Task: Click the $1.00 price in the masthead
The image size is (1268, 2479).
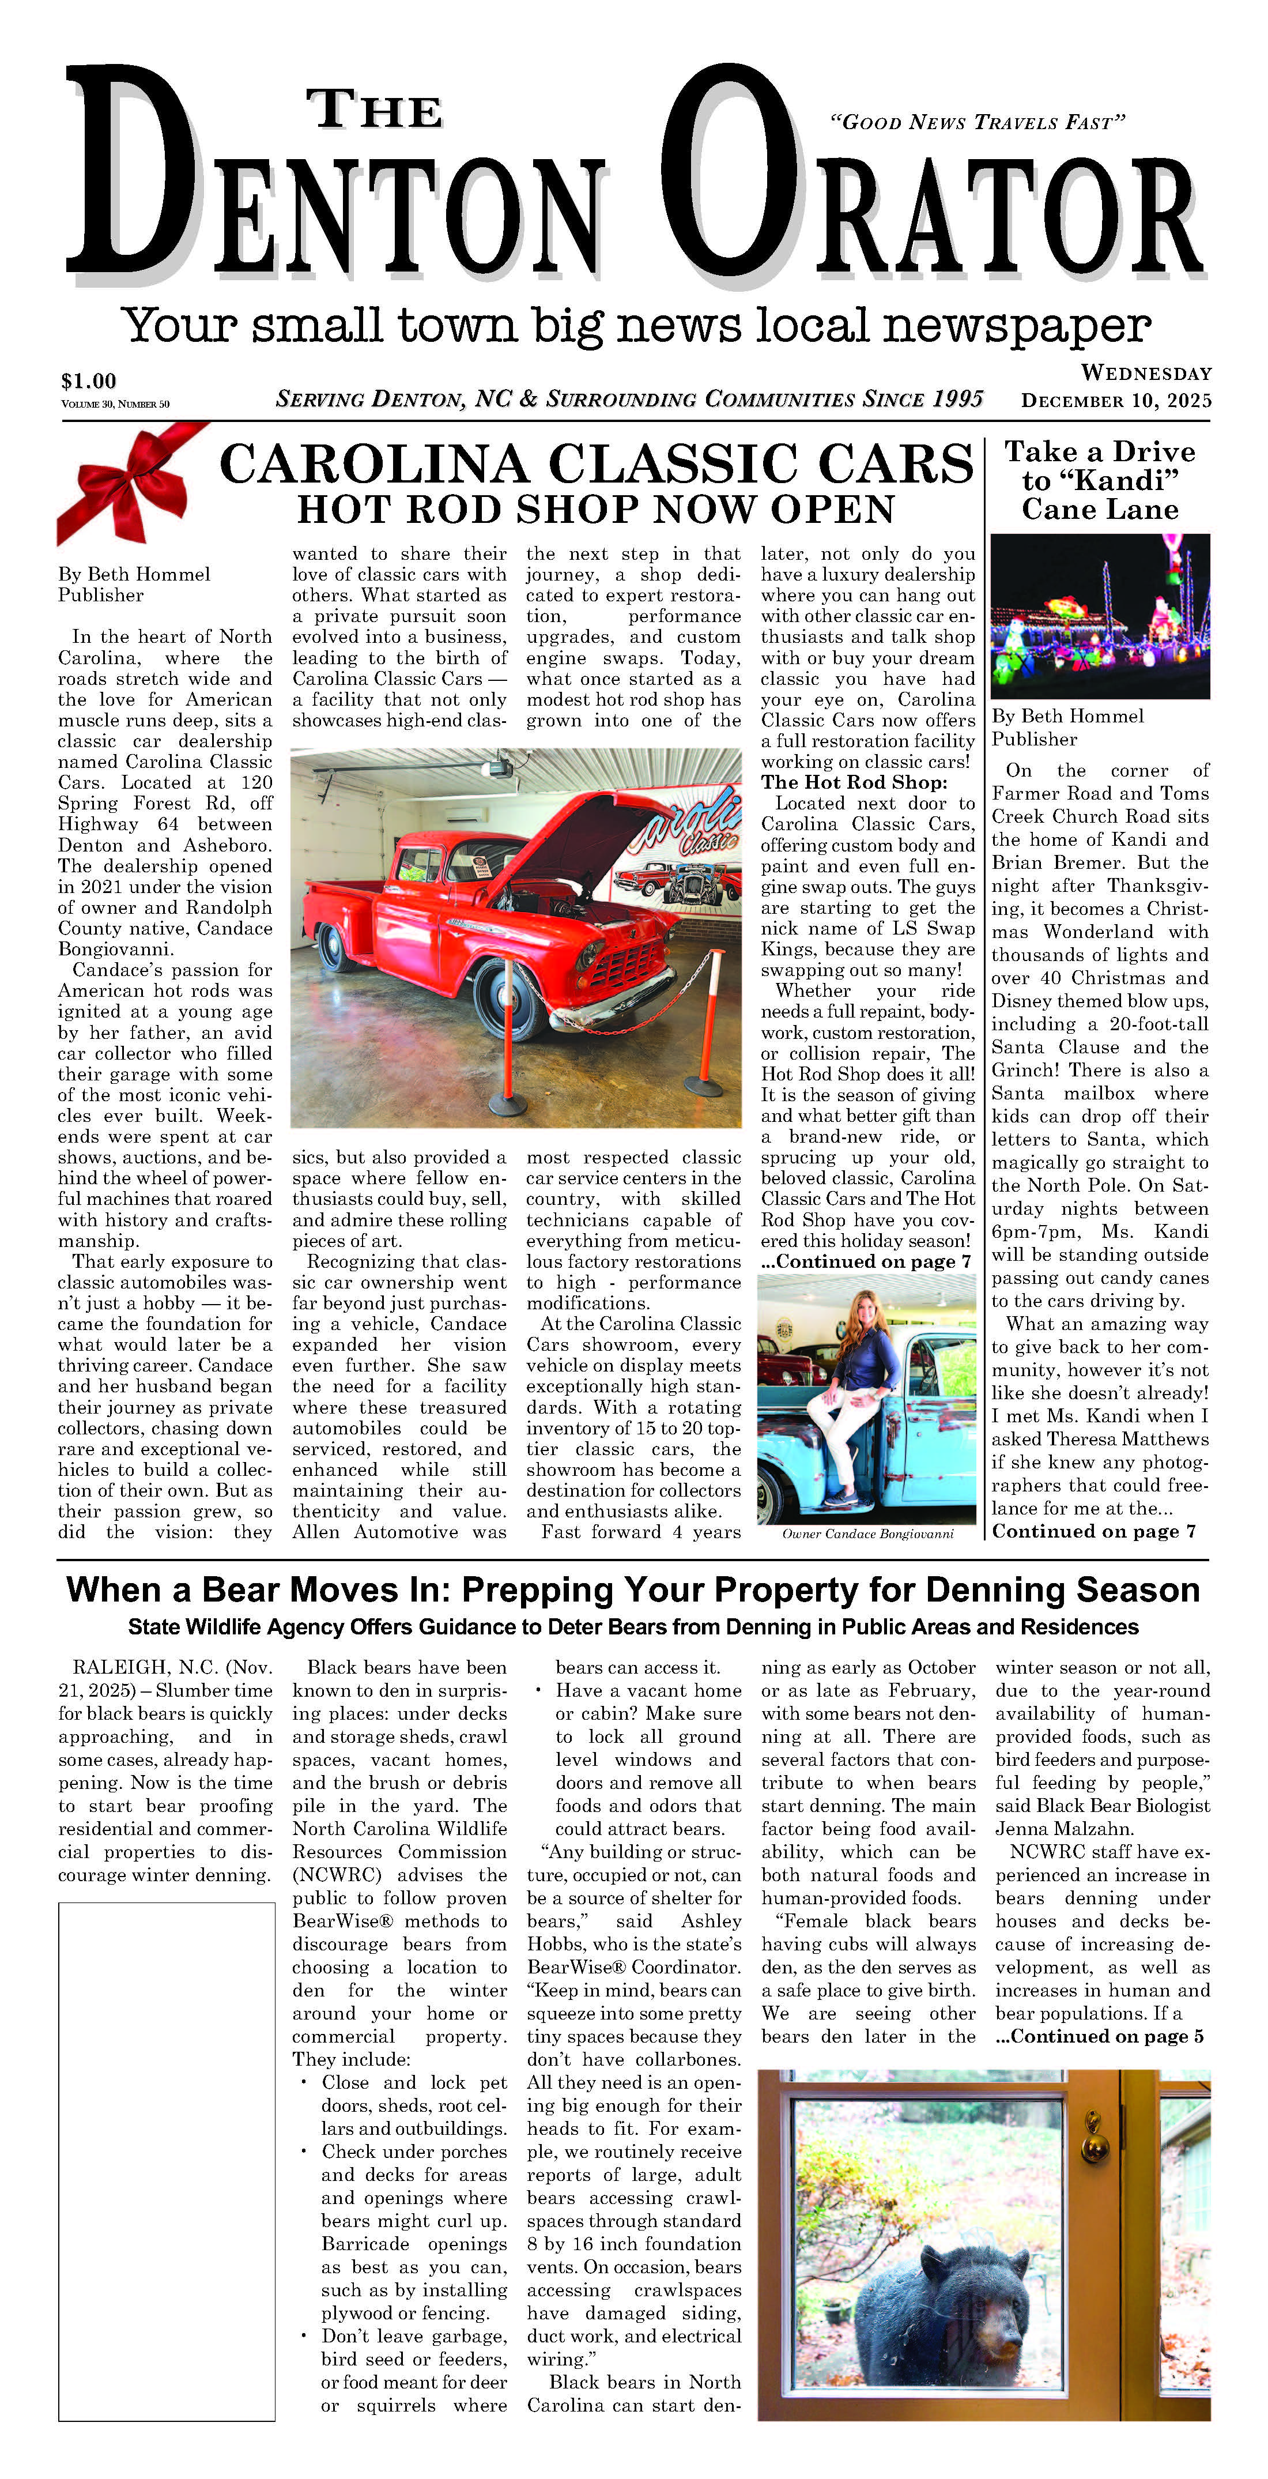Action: (x=89, y=381)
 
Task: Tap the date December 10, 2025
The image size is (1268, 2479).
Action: (x=1116, y=401)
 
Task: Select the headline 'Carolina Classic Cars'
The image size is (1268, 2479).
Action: (x=597, y=464)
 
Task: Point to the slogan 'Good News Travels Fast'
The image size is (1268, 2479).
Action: (x=976, y=122)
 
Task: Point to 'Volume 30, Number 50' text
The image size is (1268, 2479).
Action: (x=115, y=404)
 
